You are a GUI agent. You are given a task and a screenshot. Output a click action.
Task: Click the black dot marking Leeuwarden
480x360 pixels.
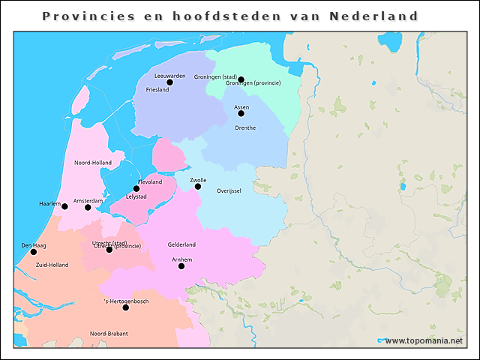point(169,82)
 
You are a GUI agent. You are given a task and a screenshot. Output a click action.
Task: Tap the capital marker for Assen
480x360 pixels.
point(241,113)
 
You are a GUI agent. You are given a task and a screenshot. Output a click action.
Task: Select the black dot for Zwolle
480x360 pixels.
point(198,186)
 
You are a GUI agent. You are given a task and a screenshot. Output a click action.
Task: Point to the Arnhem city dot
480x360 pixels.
point(181,265)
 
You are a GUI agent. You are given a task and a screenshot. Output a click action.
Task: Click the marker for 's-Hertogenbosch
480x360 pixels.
point(125,307)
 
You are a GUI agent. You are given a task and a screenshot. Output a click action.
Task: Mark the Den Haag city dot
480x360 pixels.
point(33,252)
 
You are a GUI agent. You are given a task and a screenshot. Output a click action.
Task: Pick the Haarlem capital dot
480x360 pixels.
point(64,206)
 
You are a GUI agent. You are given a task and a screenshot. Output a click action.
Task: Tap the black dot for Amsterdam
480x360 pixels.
point(88,207)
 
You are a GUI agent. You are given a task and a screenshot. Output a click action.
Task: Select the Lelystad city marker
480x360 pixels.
point(136,189)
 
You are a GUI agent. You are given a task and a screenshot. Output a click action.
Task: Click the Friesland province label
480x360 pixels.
point(157,90)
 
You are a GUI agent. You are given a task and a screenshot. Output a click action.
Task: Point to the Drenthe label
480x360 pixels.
point(245,127)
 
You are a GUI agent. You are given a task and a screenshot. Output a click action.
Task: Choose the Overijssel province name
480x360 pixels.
point(229,191)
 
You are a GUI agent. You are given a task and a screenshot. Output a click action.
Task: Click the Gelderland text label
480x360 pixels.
point(181,244)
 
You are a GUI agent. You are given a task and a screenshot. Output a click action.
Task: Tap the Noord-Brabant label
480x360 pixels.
point(109,333)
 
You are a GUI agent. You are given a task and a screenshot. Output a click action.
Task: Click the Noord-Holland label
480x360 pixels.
point(93,162)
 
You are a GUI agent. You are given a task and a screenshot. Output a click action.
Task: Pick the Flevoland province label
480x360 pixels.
point(150,181)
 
